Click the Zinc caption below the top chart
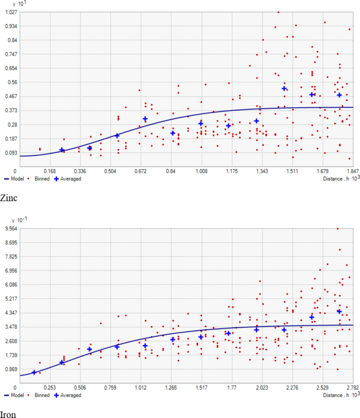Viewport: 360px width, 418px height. coord(9,198)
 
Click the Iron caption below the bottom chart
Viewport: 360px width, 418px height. coord(8,414)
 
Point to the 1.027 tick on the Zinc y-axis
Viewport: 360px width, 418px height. coord(11,12)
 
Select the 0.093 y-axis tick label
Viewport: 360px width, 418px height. coord(11,153)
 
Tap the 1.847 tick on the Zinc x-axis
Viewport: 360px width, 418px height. coord(353,171)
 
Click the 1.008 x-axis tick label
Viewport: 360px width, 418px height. coord(202,171)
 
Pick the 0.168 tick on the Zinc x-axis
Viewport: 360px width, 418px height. coord(50,171)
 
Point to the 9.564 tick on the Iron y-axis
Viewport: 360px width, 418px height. coord(11,228)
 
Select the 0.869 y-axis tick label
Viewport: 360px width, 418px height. coord(11,369)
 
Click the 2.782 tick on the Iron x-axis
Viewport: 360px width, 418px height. coord(353,387)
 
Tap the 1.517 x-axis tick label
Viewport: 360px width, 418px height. coord(201,387)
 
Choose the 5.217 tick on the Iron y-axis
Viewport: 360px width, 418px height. coord(11,299)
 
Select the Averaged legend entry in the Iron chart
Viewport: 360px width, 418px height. coord(68,395)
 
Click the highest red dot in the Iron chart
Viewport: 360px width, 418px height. coord(337,228)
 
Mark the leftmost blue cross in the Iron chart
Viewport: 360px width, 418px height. coord(34,372)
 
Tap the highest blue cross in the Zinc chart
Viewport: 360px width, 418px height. coord(284,89)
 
